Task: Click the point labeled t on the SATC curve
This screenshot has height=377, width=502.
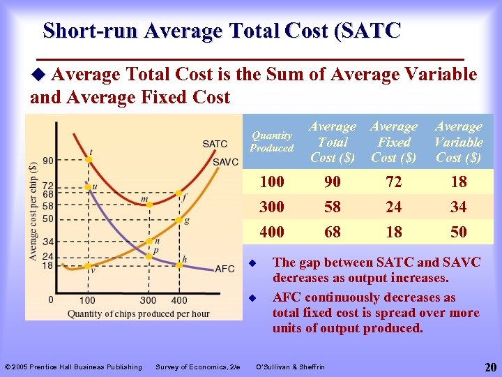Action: click(x=89, y=160)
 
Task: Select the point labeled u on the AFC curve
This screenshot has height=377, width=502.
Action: click(x=89, y=186)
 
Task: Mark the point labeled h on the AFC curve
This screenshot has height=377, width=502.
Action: click(x=179, y=264)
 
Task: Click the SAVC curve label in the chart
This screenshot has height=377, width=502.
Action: click(x=225, y=162)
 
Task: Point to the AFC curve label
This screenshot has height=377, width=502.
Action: click(x=225, y=269)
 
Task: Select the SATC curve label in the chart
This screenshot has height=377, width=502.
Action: click(x=215, y=144)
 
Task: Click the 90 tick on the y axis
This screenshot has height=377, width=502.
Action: click(x=48, y=161)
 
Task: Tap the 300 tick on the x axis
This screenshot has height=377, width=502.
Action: click(x=148, y=300)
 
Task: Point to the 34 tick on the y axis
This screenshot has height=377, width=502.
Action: click(x=48, y=242)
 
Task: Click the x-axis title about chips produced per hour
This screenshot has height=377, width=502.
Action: click(x=138, y=313)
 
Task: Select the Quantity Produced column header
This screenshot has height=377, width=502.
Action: click(x=272, y=142)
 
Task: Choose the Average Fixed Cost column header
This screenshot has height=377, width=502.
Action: click(x=394, y=142)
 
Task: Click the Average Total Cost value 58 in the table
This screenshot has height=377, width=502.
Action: click(x=333, y=207)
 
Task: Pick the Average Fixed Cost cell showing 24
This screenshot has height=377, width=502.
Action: click(x=394, y=207)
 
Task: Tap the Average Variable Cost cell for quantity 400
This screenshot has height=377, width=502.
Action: click(x=458, y=232)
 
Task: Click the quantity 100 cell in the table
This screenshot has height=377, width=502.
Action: click(x=271, y=182)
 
